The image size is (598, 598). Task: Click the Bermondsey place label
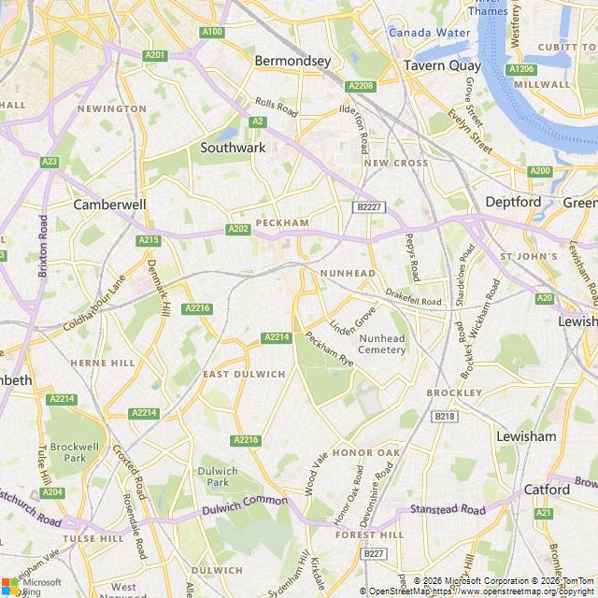tap(292, 61)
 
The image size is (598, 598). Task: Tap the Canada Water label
tap(429, 33)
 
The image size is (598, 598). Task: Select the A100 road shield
tap(212, 32)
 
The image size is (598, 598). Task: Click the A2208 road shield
tap(361, 86)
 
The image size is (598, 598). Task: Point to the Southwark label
tap(233, 148)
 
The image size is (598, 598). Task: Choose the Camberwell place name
tap(109, 204)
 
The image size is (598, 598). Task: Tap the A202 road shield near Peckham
tap(238, 229)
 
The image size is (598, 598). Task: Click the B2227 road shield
tap(368, 206)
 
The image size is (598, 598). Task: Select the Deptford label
tap(512, 202)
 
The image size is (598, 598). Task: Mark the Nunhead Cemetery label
tap(382, 344)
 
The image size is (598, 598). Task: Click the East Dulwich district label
tap(244, 374)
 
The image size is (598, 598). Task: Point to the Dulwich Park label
tap(218, 477)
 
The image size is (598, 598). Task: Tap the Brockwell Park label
tap(67, 452)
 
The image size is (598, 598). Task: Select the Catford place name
tap(546, 489)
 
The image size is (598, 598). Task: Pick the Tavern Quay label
tap(442, 65)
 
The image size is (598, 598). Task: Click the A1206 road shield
tap(520, 69)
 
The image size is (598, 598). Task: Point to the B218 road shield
tap(445, 417)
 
